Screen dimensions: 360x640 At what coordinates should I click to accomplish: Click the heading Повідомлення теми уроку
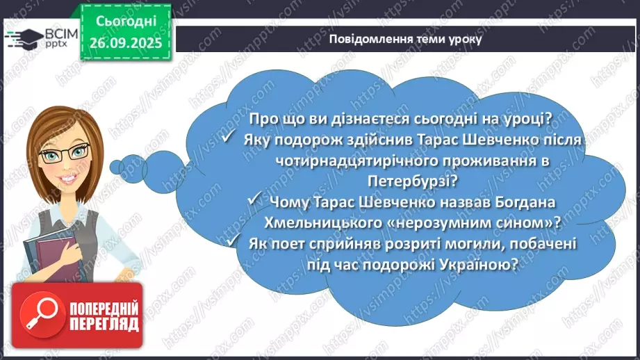[405, 40]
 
